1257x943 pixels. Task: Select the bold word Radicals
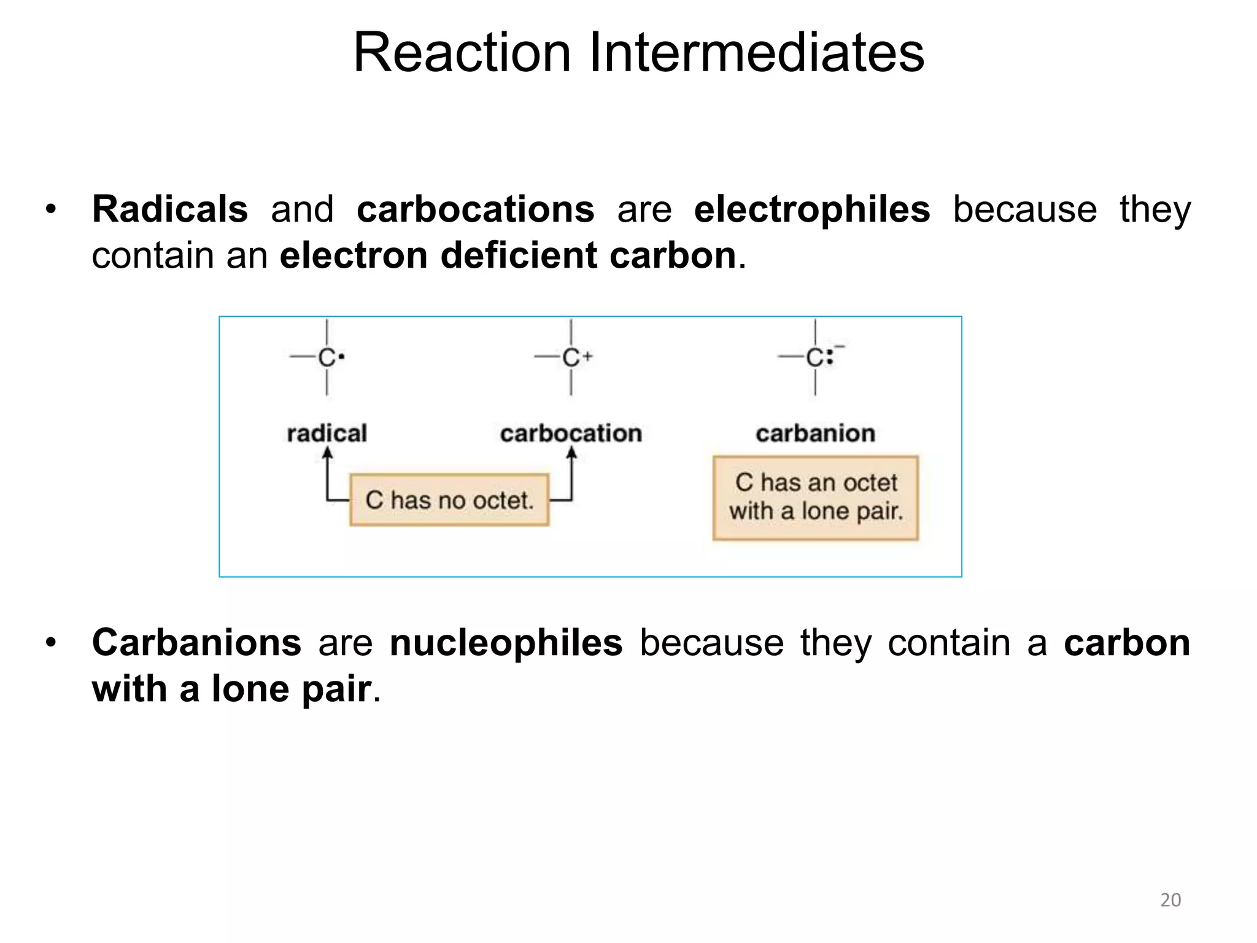click(169, 209)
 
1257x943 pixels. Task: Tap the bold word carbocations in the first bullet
click(475, 209)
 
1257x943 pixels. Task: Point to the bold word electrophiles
click(811, 209)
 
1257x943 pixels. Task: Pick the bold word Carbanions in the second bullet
click(196, 642)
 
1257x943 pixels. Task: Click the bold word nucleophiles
click(506, 642)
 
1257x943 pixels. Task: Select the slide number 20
click(1170, 900)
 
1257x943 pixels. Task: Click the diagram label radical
click(327, 433)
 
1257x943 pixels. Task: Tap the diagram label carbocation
click(571, 433)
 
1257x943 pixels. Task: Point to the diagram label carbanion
click(815, 433)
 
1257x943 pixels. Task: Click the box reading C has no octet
click(449, 500)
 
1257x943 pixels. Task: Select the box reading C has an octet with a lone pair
click(816, 498)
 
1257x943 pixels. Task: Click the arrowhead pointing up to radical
click(327, 453)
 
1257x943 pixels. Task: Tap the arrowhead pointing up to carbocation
click(571, 453)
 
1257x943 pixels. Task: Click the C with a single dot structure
click(328, 357)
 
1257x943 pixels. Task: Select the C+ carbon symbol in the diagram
click(572, 357)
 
